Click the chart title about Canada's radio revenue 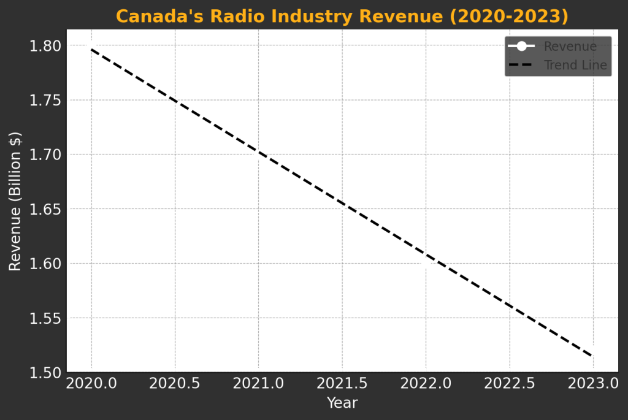click(342, 16)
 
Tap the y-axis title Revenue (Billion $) click(15, 201)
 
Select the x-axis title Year click(342, 403)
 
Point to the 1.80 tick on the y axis click(45, 46)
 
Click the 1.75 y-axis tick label click(45, 101)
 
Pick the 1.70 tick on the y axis click(45, 155)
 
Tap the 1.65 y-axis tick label click(45, 210)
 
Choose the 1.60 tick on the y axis click(45, 264)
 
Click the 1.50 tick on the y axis click(45, 373)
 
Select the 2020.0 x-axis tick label click(91, 384)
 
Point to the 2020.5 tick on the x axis click(175, 384)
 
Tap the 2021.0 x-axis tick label click(258, 384)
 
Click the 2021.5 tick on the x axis click(342, 384)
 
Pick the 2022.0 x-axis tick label click(426, 384)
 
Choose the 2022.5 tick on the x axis click(509, 384)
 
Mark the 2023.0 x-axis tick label click(592, 384)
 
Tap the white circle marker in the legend click(521, 47)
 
